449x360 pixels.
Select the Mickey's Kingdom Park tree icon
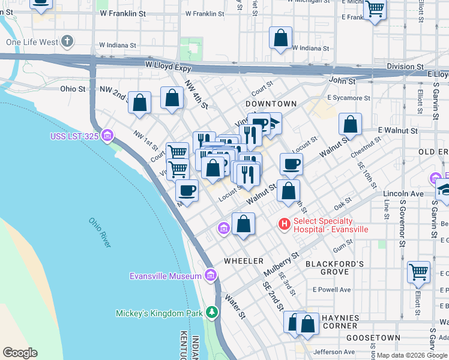tap(211, 313)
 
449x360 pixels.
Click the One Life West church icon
tap(68, 41)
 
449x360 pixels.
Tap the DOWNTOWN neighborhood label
tap(271, 104)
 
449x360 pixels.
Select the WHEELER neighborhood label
tap(244, 261)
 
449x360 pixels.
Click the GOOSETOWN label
tap(372, 338)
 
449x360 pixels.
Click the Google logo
tap(20, 353)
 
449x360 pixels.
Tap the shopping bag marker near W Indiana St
tap(280, 38)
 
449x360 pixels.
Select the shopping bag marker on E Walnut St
tap(350, 124)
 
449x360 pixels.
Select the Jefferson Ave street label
tap(334, 352)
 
